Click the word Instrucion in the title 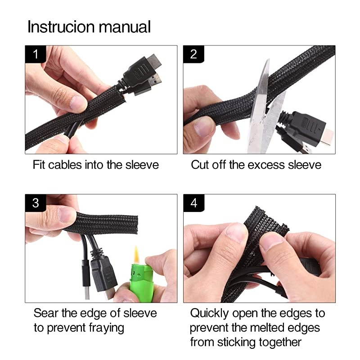pos(61,27)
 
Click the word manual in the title pos(125,27)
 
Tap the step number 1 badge pos(36,54)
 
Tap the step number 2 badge pos(193,54)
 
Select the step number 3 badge pos(36,203)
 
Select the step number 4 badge pos(194,203)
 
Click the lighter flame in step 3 pos(136,255)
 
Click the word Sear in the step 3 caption pos(45,313)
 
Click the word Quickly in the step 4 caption pos(209,314)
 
